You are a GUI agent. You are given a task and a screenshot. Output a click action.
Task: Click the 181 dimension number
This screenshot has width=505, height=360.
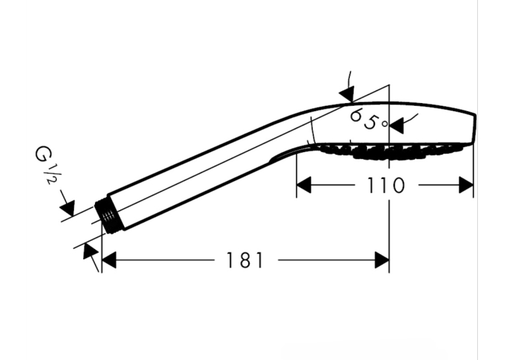[x=245, y=260]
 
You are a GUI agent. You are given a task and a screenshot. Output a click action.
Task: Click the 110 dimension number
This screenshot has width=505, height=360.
[x=386, y=186]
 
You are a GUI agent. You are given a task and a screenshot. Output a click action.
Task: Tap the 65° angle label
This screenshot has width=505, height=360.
[x=369, y=120]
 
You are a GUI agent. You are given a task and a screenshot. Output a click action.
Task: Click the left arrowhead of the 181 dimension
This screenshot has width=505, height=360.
[x=108, y=260]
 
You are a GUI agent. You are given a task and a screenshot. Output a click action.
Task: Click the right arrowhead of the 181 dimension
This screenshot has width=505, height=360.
[x=382, y=260]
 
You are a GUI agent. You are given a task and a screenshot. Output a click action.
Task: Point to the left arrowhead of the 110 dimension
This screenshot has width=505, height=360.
[x=304, y=185]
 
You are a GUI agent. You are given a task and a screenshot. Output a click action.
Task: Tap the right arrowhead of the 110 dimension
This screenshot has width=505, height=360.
[x=466, y=185]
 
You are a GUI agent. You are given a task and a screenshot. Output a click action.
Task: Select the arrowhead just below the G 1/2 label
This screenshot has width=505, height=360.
[x=67, y=207]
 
